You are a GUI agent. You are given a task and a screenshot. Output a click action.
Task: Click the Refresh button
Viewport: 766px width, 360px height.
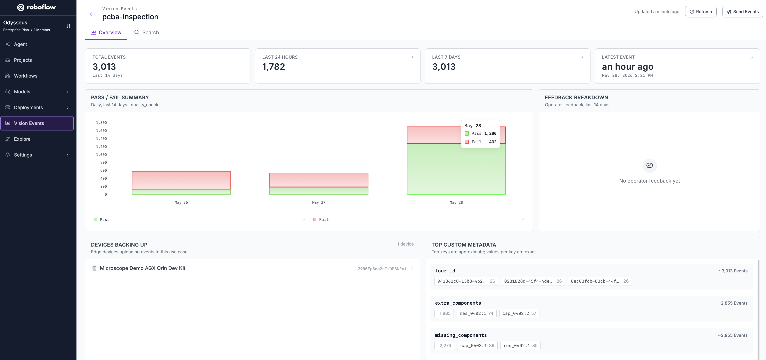click(x=701, y=12)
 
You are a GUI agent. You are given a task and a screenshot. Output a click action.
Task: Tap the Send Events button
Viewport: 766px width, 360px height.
click(x=742, y=12)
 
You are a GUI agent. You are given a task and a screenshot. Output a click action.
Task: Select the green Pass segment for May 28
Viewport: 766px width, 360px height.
click(x=456, y=169)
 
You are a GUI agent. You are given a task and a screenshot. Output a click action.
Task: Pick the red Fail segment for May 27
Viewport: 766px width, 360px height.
click(x=319, y=180)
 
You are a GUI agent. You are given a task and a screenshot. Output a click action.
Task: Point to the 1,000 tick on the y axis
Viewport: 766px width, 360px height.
click(x=101, y=155)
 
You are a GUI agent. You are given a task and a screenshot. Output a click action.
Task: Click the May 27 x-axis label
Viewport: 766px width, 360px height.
click(x=319, y=202)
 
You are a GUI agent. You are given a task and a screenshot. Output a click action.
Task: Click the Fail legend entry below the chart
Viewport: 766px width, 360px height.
click(x=321, y=219)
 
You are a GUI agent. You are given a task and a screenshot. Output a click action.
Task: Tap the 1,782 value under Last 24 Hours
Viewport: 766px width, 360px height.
click(x=274, y=67)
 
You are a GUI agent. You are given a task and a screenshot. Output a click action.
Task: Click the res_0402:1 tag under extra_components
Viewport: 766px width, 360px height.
click(x=476, y=313)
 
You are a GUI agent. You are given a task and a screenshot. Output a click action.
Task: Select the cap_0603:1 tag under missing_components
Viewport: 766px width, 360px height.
click(x=477, y=345)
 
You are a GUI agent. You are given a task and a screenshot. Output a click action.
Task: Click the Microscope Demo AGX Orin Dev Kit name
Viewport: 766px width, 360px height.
click(x=143, y=268)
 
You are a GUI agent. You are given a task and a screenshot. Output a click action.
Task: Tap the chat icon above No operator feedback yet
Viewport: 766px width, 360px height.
click(x=649, y=165)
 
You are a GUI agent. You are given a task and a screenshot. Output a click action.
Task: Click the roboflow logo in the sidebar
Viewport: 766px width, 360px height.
click(x=36, y=7)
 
